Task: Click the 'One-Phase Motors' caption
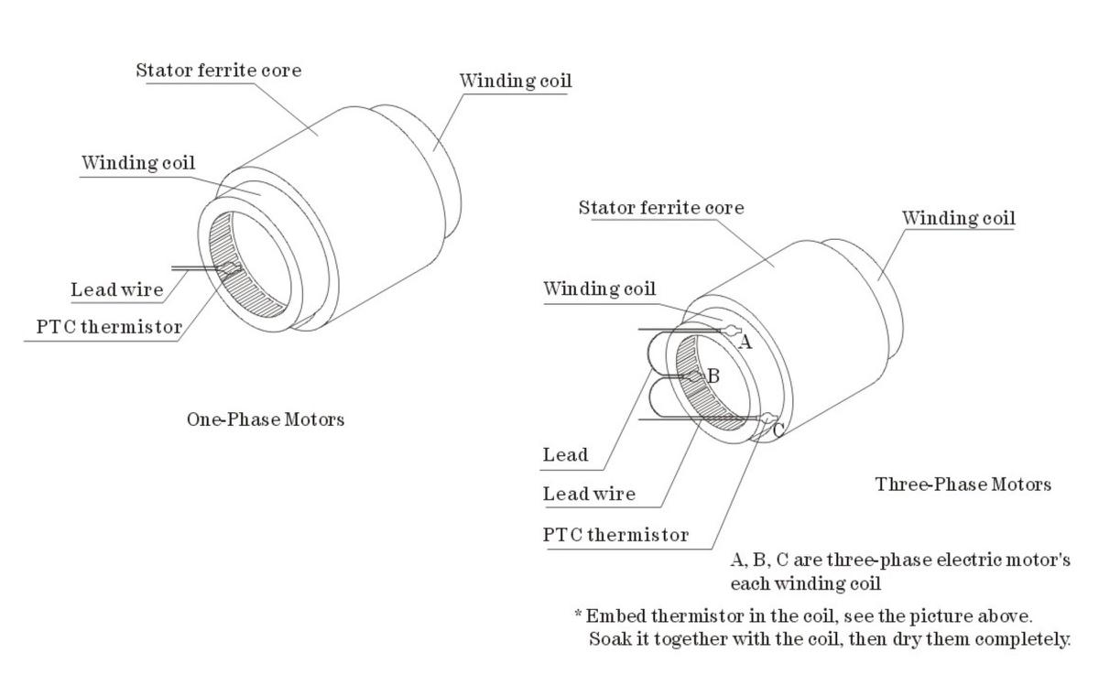click(x=266, y=419)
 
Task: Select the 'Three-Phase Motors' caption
click(x=963, y=484)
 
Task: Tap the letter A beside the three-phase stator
click(x=745, y=343)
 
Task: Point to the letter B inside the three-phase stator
click(x=713, y=376)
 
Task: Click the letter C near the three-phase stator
click(x=778, y=429)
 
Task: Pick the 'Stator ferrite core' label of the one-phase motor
click(x=218, y=71)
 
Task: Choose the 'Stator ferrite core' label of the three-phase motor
click(x=660, y=208)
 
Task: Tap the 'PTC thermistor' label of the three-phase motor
click(x=615, y=535)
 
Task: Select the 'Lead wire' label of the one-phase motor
click(x=117, y=290)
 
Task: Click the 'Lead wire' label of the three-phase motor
click(x=589, y=494)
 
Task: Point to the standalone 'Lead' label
click(x=565, y=454)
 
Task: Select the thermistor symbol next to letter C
click(x=765, y=419)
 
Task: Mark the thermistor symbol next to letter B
click(x=695, y=376)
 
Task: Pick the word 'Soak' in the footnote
click(x=607, y=638)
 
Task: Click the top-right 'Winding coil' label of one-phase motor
click(x=515, y=81)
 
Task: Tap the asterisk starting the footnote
click(x=578, y=614)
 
